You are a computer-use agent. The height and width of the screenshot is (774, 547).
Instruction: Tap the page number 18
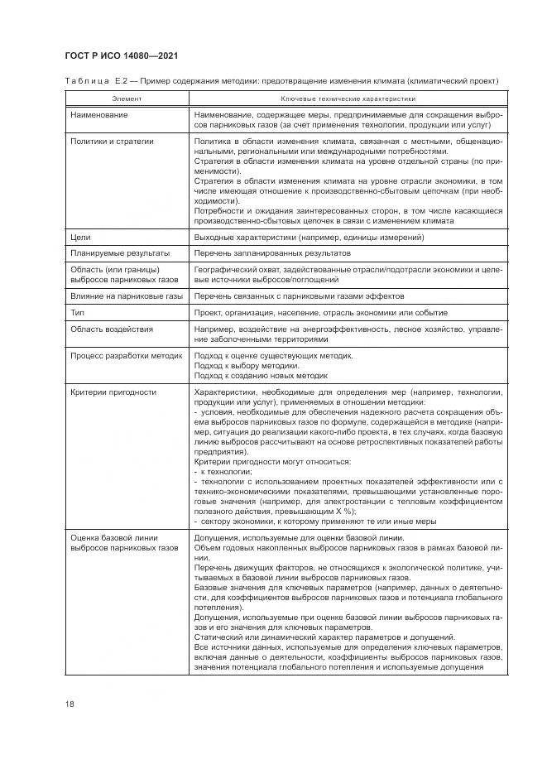tap(70, 704)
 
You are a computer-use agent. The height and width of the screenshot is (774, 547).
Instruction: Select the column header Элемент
tap(127, 99)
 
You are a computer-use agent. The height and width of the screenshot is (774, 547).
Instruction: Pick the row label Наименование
tap(99, 114)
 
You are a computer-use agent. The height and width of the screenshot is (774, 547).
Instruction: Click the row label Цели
tap(81, 238)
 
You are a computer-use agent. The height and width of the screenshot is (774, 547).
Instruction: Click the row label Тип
tap(79, 313)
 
